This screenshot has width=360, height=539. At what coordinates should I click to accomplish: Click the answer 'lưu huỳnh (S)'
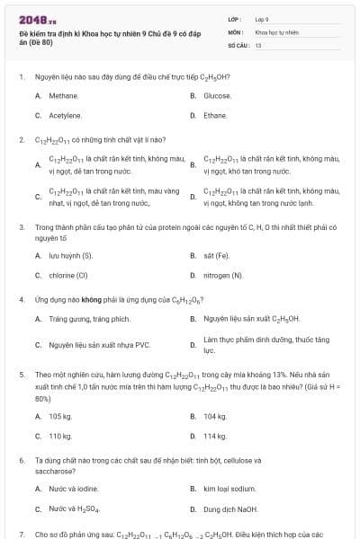[x=71, y=255]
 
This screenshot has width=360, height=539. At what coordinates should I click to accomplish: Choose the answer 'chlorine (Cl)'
[x=68, y=275]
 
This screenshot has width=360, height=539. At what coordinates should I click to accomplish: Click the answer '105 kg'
[x=60, y=416]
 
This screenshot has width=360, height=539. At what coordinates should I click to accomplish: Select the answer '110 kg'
[x=60, y=436]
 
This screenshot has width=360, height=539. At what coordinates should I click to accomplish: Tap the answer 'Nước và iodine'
[x=74, y=489]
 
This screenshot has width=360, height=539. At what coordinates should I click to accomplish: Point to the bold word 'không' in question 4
[x=95, y=299]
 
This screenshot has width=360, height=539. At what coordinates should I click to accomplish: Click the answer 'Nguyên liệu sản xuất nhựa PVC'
[x=99, y=344]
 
